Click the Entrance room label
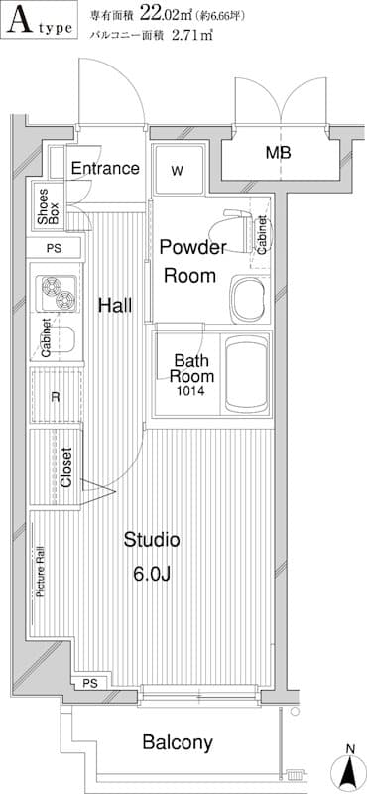105,168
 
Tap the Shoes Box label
49,207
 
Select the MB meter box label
279,153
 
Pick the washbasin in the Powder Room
249,301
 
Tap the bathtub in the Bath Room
247,374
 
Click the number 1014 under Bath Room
190,391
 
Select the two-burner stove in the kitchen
57,293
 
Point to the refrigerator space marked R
56,396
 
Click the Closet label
66,466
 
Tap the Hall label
115,305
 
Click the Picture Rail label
41,572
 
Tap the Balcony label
178,742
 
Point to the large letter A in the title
20,20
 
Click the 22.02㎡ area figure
166,14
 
